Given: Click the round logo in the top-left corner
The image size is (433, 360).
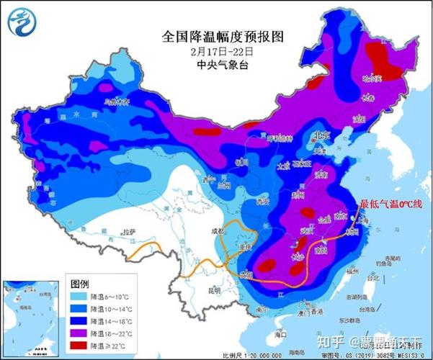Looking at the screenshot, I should [22, 21].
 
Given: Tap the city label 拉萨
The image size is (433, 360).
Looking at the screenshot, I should [128, 232].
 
